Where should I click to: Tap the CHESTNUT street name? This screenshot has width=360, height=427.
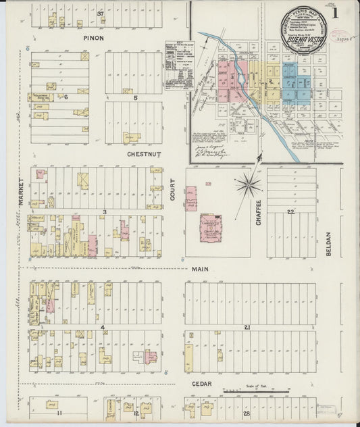pos(143,154)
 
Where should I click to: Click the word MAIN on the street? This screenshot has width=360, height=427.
pos(201,269)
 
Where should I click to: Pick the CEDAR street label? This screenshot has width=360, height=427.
pos(201,384)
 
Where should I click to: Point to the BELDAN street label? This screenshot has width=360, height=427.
pos(330,243)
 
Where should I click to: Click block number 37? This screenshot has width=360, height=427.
pos(101,14)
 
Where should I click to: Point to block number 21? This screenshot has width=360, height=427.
pos(248,328)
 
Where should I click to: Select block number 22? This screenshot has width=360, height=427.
pos(290,212)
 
